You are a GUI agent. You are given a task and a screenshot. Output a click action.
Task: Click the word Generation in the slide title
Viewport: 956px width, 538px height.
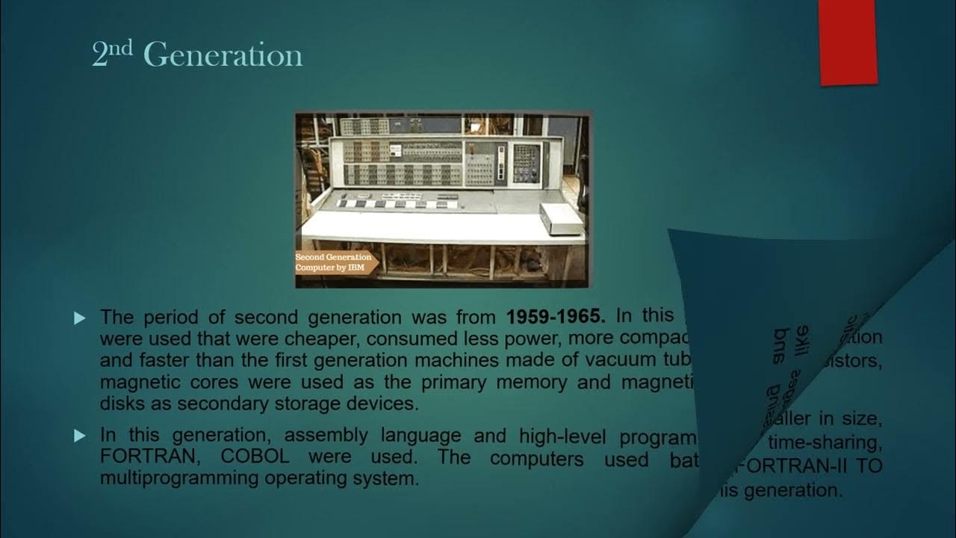click(x=222, y=55)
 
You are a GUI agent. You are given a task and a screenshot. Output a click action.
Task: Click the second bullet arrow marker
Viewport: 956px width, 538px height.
click(x=81, y=436)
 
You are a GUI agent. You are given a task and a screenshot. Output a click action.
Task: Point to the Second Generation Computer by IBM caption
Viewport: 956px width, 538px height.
click(x=333, y=262)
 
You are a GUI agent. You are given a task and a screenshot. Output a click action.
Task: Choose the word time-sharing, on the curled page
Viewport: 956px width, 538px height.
click(x=825, y=444)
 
